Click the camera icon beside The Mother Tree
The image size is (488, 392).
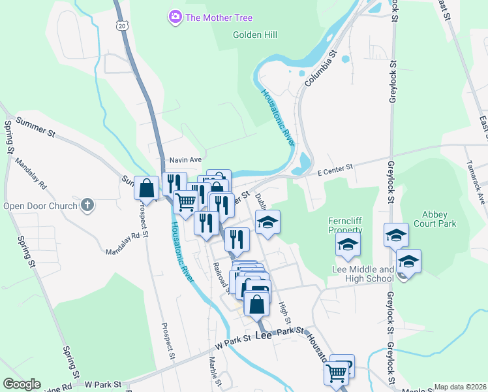(175, 18)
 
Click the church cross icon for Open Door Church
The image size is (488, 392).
(87, 206)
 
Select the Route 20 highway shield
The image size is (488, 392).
(121, 25)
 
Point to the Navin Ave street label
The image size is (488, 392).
(185, 159)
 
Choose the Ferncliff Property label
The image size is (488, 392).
(345, 225)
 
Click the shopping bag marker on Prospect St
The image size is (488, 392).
(147, 188)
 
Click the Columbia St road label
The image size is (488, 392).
(320, 69)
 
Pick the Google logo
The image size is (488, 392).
(21, 384)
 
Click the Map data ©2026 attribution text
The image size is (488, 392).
(460, 387)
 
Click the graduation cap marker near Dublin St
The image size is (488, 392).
(267, 222)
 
